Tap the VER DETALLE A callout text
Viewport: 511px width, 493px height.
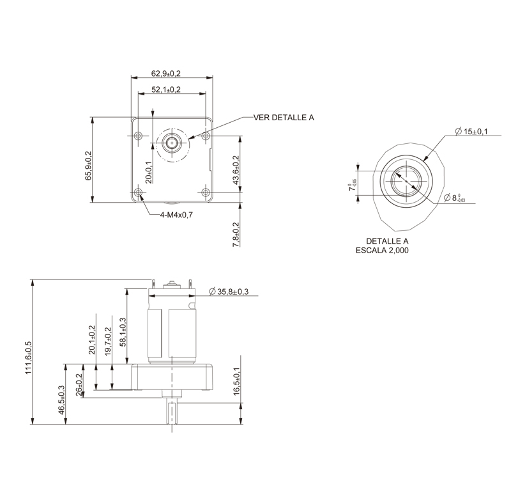(284, 118)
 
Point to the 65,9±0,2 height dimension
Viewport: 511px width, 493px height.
(88, 166)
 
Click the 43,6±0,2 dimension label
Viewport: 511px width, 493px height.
(236, 171)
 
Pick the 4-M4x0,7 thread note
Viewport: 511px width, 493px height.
(176, 215)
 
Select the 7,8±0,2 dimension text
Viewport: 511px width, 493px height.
(236, 234)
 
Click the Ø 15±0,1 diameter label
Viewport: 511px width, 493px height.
(471, 131)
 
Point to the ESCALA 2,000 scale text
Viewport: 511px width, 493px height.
(382, 251)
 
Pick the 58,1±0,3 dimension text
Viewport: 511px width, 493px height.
(123, 332)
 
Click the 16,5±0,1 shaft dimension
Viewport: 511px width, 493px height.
(237, 382)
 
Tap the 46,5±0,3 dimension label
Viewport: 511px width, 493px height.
(61, 400)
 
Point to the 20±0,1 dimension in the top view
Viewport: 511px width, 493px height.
(148, 172)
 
